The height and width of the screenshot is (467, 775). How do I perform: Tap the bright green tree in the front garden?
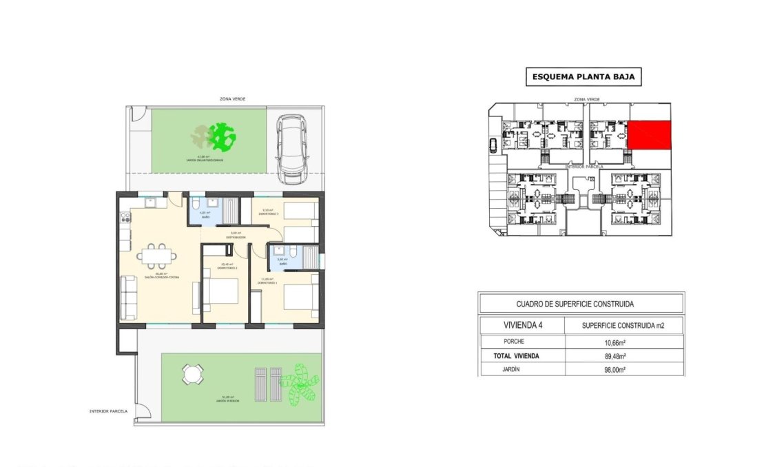(x=222, y=137)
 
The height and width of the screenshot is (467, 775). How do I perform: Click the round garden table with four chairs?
(x=192, y=375)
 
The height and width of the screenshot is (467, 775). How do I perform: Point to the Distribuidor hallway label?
(x=236, y=236)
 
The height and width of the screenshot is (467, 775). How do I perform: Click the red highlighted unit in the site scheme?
(x=648, y=134)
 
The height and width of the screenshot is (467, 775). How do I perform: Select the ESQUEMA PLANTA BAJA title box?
(x=583, y=77)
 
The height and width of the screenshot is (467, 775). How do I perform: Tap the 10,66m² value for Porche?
(x=624, y=342)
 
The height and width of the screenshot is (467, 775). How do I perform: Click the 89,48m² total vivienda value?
(x=624, y=356)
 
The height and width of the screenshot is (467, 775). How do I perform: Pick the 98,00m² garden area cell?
(x=624, y=370)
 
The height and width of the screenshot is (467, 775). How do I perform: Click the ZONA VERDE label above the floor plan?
(x=232, y=99)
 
